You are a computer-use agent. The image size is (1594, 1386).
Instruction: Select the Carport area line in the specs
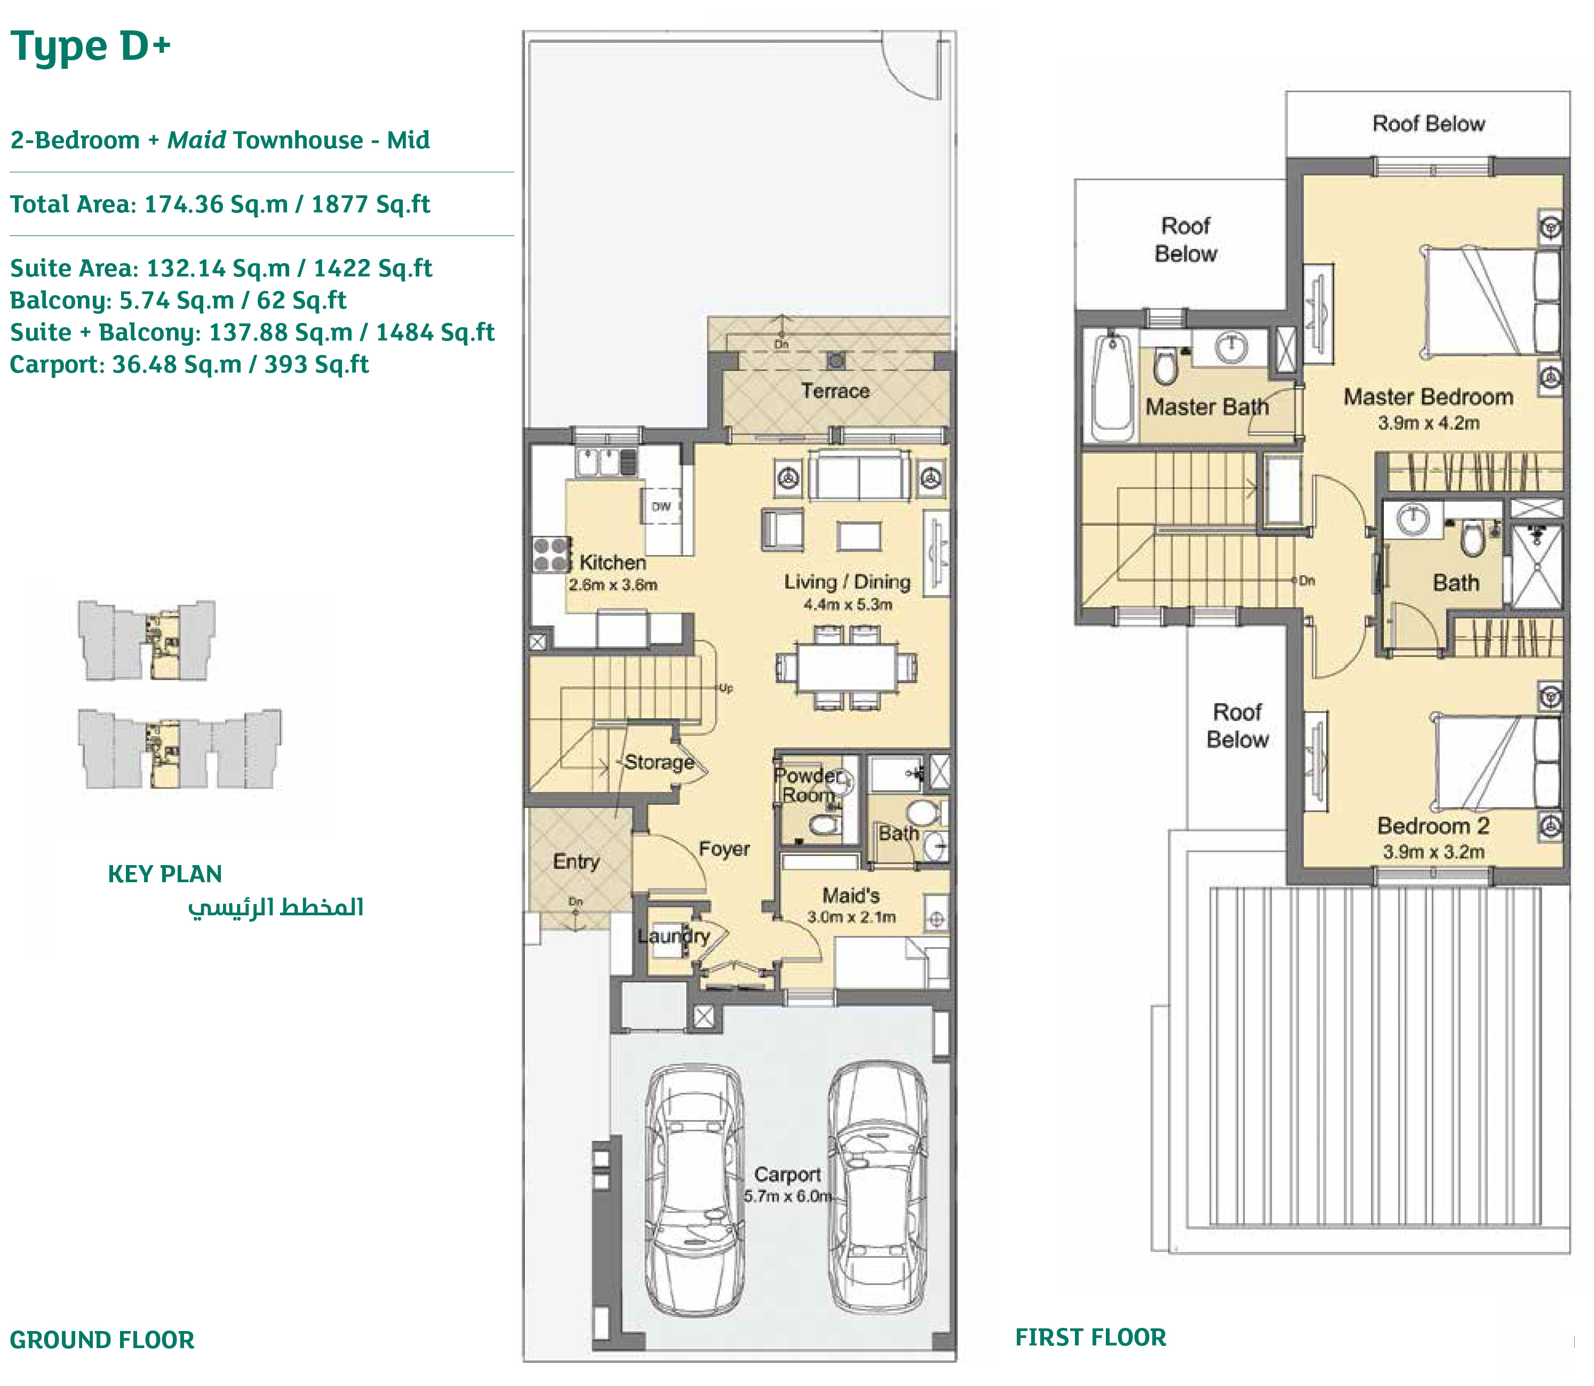coord(189,365)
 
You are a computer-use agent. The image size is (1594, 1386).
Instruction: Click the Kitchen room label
coord(612,563)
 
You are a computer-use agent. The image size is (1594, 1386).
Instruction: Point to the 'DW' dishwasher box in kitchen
coord(661,506)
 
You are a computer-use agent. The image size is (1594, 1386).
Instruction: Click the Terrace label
coord(835,391)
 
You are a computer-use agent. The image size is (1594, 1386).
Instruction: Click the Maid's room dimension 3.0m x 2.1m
coord(851,917)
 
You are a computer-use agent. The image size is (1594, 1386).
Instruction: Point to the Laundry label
coord(673,936)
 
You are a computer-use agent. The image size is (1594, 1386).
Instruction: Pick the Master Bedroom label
coord(1428,397)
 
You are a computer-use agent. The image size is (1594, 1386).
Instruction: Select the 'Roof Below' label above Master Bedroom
coord(1428,124)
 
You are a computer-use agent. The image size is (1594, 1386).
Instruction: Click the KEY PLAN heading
coord(165,874)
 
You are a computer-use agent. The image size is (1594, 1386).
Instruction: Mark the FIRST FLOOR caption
coord(1090,1337)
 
